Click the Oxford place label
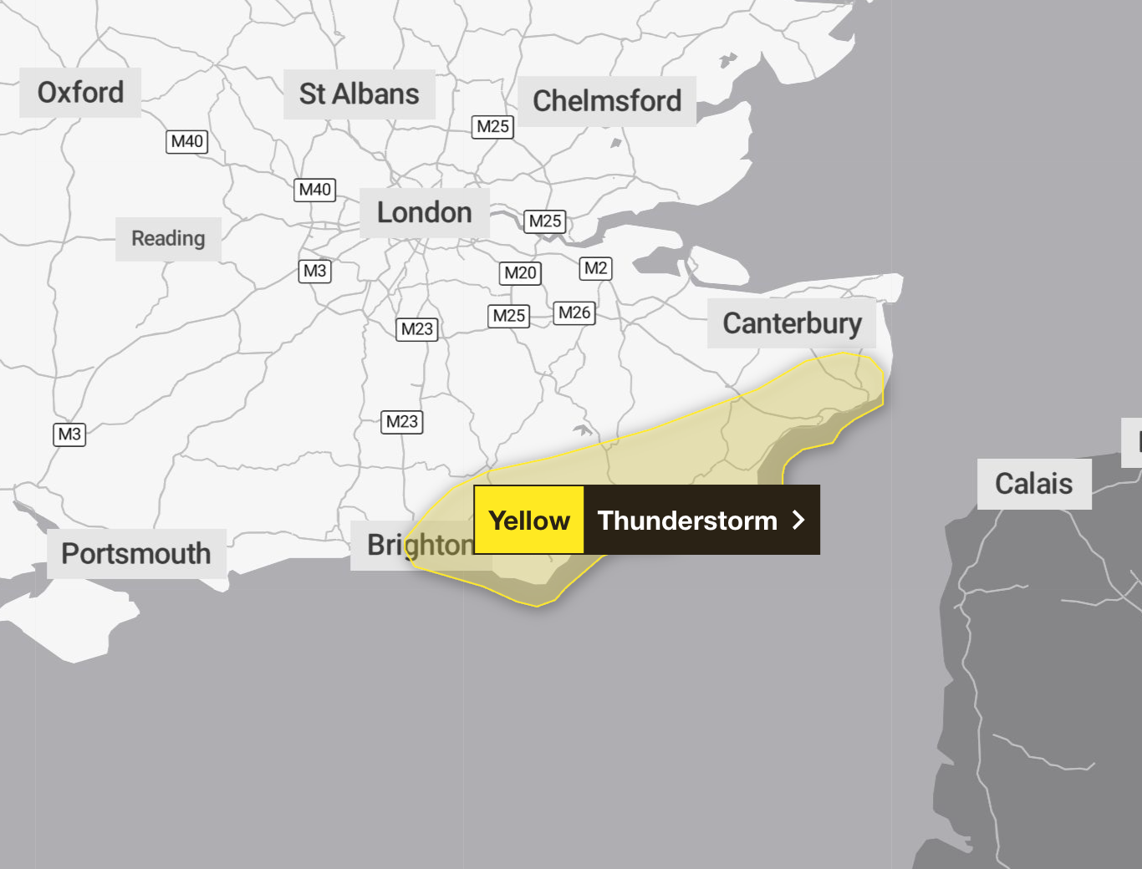[x=80, y=93]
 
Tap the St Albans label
[x=359, y=94]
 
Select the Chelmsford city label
[x=607, y=101]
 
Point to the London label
[x=424, y=213]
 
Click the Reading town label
[x=168, y=239]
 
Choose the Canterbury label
[x=792, y=323]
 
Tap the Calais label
[x=1033, y=484]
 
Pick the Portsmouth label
[x=136, y=553]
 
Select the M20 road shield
[x=520, y=273]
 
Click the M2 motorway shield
[x=595, y=268]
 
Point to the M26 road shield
[x=574, y=313]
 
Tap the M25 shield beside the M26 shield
[x=508, y=316]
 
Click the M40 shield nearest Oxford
[x=186, y=142]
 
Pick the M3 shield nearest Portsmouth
[x=69, y=434]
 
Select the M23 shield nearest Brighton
[x=402, y=422]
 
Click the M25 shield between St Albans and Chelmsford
[x=492, y=127]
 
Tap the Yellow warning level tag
[x=529, y=521]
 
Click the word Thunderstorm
[x=687, y=521]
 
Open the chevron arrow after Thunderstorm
[x=798, y=521]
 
